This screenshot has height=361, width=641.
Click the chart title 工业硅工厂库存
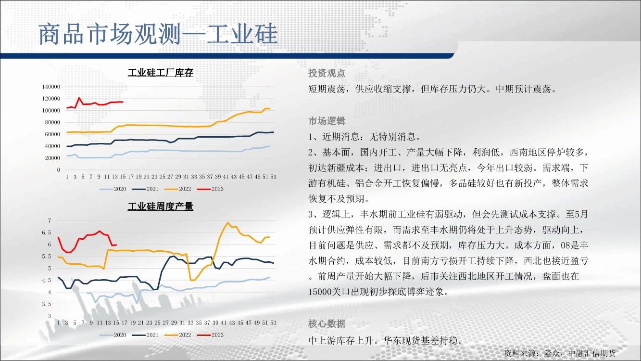click(161, 73)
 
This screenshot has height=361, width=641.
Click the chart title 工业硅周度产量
click(161, 206)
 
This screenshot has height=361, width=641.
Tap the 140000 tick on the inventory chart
click(51, 87)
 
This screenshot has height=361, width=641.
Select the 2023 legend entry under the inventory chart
click(210, 189)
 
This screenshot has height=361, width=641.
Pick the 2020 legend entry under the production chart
click(113, 335)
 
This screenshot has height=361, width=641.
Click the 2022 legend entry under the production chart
click(178, 335)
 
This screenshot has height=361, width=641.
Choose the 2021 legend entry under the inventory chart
click(145, 189)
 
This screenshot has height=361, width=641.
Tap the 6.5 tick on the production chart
click(47, 232)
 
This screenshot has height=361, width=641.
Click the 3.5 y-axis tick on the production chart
click(47, 304)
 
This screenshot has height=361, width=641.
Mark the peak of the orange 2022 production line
click(228, 222)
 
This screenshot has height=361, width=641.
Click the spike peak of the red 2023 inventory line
click(79, 98)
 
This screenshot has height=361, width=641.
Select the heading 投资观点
click(327, 73)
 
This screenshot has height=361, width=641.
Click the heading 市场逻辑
click(327, 121)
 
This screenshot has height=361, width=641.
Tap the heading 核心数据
click(327, 324)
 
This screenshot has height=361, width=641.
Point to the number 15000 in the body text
click(320, 292)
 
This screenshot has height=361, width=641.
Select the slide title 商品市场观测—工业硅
click(158, 34)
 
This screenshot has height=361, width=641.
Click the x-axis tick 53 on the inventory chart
click(273, 177)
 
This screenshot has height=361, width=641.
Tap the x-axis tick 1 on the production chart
click(58, 323)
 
